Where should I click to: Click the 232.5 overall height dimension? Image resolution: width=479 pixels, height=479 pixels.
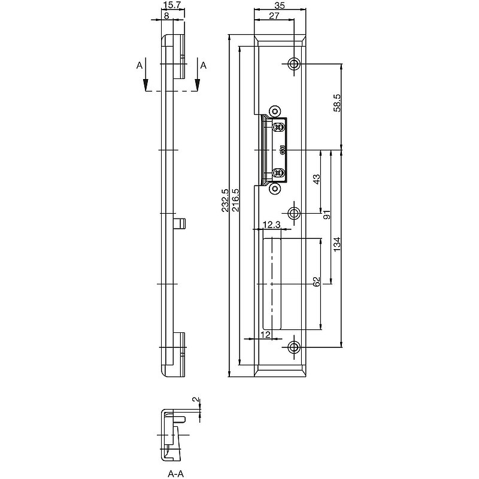(225, 201)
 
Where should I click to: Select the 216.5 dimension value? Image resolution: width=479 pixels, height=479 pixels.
(235, 201)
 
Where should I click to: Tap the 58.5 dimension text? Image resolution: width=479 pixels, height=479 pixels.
(337, 103)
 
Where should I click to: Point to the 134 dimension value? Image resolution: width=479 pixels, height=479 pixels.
(336, 244)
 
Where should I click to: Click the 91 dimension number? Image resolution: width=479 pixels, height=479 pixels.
(326, 215)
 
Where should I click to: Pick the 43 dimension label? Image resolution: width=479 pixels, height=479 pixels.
(317, 179)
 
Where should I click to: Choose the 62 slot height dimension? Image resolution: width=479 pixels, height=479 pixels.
(317, 281)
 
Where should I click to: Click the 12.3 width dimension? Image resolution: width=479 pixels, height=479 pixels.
(272, 225)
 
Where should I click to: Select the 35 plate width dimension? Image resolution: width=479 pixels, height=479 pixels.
(280, 5)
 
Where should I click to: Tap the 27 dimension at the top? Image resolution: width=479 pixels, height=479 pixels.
(274, 16)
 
